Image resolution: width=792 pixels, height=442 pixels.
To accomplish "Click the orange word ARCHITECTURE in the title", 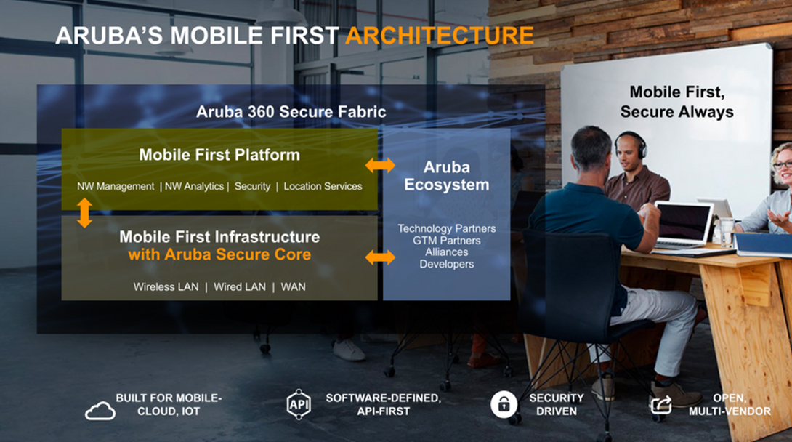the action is point(440,36).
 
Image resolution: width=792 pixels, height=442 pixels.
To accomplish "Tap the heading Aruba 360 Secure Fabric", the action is point(291,112).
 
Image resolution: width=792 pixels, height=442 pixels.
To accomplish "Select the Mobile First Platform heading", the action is point(219,155).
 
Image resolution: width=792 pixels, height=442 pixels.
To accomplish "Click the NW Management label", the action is point(116,186).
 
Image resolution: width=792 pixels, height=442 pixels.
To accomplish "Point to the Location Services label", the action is point(323,186).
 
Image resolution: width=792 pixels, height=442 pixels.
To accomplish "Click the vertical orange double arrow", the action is point(84,212).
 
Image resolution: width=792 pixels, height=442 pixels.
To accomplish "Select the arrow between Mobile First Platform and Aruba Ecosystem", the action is point(380,165).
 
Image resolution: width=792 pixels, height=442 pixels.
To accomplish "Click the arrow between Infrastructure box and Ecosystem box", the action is point(380,257).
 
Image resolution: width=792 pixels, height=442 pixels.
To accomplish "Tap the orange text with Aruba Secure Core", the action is point(219,254).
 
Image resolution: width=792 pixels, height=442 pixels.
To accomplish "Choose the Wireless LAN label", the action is point(166,287).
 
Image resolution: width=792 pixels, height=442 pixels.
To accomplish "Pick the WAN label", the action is point(293,287).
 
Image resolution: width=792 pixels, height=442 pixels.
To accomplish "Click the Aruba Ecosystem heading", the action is point(447,176).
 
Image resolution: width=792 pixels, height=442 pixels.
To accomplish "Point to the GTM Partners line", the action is point(447,241).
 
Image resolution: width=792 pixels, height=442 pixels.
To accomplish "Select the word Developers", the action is point(447,264).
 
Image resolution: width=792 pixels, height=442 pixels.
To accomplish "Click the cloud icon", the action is point(100,411).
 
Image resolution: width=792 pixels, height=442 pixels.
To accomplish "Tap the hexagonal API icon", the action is point(299,404).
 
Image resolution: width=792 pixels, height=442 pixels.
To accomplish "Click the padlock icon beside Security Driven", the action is point(504,404).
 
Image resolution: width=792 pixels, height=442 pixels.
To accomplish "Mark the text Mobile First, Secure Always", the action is point(677,102).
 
